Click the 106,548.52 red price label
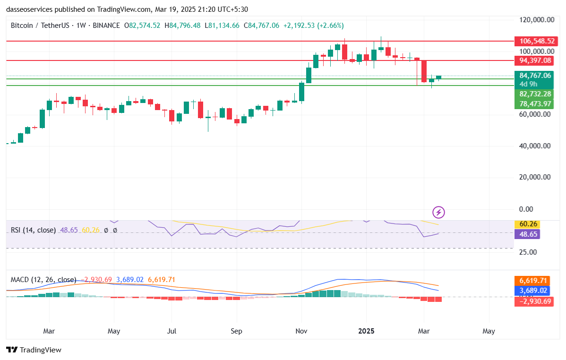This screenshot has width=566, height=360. (535, 41)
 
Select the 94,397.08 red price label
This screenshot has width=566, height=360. (535, 60)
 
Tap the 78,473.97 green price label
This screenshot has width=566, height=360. (535, 103)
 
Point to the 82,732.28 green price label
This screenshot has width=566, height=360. (535, 94)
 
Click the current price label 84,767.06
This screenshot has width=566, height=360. (535, 76)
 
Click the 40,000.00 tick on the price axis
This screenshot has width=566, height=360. (535, 146)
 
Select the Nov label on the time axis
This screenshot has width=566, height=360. (301, 331)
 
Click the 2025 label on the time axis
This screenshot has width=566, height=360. (366, 331)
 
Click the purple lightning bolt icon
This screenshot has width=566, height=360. (439, 213)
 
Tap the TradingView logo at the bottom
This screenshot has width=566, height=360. (34, 350)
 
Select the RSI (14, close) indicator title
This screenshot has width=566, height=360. (33, 230)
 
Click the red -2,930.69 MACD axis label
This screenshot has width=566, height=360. (534, 301)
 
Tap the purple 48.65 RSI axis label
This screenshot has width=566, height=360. (528, 234)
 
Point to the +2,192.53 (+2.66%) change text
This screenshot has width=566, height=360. (314, 26)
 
